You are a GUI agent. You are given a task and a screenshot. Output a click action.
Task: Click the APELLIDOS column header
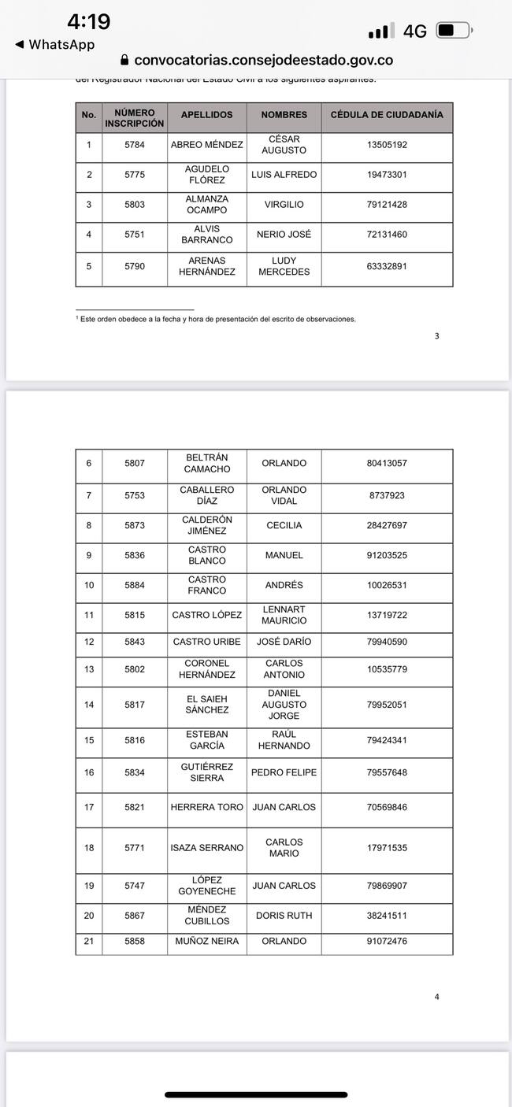(x=206, y=115)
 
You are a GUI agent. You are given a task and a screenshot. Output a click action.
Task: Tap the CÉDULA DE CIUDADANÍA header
(x=387, y=115)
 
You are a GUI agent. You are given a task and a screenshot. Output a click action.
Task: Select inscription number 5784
(x=135, y=145)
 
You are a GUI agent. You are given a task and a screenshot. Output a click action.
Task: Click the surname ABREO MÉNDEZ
(x=206, y=145)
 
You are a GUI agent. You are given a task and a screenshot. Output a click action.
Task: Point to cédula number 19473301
(x=387, y=175)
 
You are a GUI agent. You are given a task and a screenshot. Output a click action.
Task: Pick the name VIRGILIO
(x=284, y=205)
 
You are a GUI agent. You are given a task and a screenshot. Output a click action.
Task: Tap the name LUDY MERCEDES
(x=284, y=266)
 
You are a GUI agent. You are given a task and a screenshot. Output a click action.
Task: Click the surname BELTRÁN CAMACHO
(x=206, y=464)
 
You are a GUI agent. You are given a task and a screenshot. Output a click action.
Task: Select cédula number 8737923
(x=387, y=496)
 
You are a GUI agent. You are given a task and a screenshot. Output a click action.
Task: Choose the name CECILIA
(x=284, y=526)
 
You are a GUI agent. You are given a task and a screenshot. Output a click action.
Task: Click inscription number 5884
(x=135, y=586)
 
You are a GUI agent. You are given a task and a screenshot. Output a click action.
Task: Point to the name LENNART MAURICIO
(x=284, y=615)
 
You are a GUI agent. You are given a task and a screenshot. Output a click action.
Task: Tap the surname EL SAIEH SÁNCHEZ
(x=206, y=705)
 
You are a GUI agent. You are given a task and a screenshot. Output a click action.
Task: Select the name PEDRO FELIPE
(x=284, y=772)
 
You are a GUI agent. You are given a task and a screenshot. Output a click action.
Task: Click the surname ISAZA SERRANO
(x=206, y=848)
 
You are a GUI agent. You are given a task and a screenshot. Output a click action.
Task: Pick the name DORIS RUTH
(x=284, y=916)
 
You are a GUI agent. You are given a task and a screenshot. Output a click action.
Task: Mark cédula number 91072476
(x=387, y=942)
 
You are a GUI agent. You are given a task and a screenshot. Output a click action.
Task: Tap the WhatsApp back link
(x=54, y=45)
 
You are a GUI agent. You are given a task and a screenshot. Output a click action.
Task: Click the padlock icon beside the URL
(x=124, y=61)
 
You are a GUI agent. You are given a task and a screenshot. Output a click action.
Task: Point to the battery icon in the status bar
(x=452, y=31)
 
